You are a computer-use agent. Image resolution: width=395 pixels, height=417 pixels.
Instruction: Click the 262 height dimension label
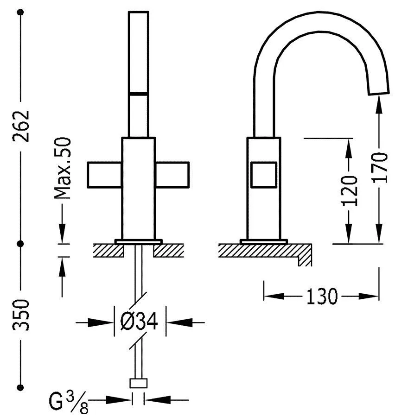(x=20, y=126)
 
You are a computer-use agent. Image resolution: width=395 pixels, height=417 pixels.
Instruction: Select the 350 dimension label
(x=20, y=315)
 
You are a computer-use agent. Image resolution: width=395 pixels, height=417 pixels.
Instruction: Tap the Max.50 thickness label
(x=63, y=168)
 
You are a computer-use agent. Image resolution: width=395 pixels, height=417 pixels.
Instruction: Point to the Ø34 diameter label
(x=139, y=321)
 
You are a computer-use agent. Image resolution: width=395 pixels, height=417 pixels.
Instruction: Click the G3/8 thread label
(x=69, y=402)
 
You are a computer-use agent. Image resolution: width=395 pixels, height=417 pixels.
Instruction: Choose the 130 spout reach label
(x=322, y=296)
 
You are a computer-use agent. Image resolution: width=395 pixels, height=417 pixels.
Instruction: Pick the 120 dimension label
(x=349, y=191)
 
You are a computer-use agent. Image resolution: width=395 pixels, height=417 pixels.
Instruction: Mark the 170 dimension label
(x=379, y=168)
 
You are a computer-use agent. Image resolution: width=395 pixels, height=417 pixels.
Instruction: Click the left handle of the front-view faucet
(x=104, y=175)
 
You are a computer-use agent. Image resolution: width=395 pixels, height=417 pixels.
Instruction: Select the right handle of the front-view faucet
(x=172, y=175)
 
